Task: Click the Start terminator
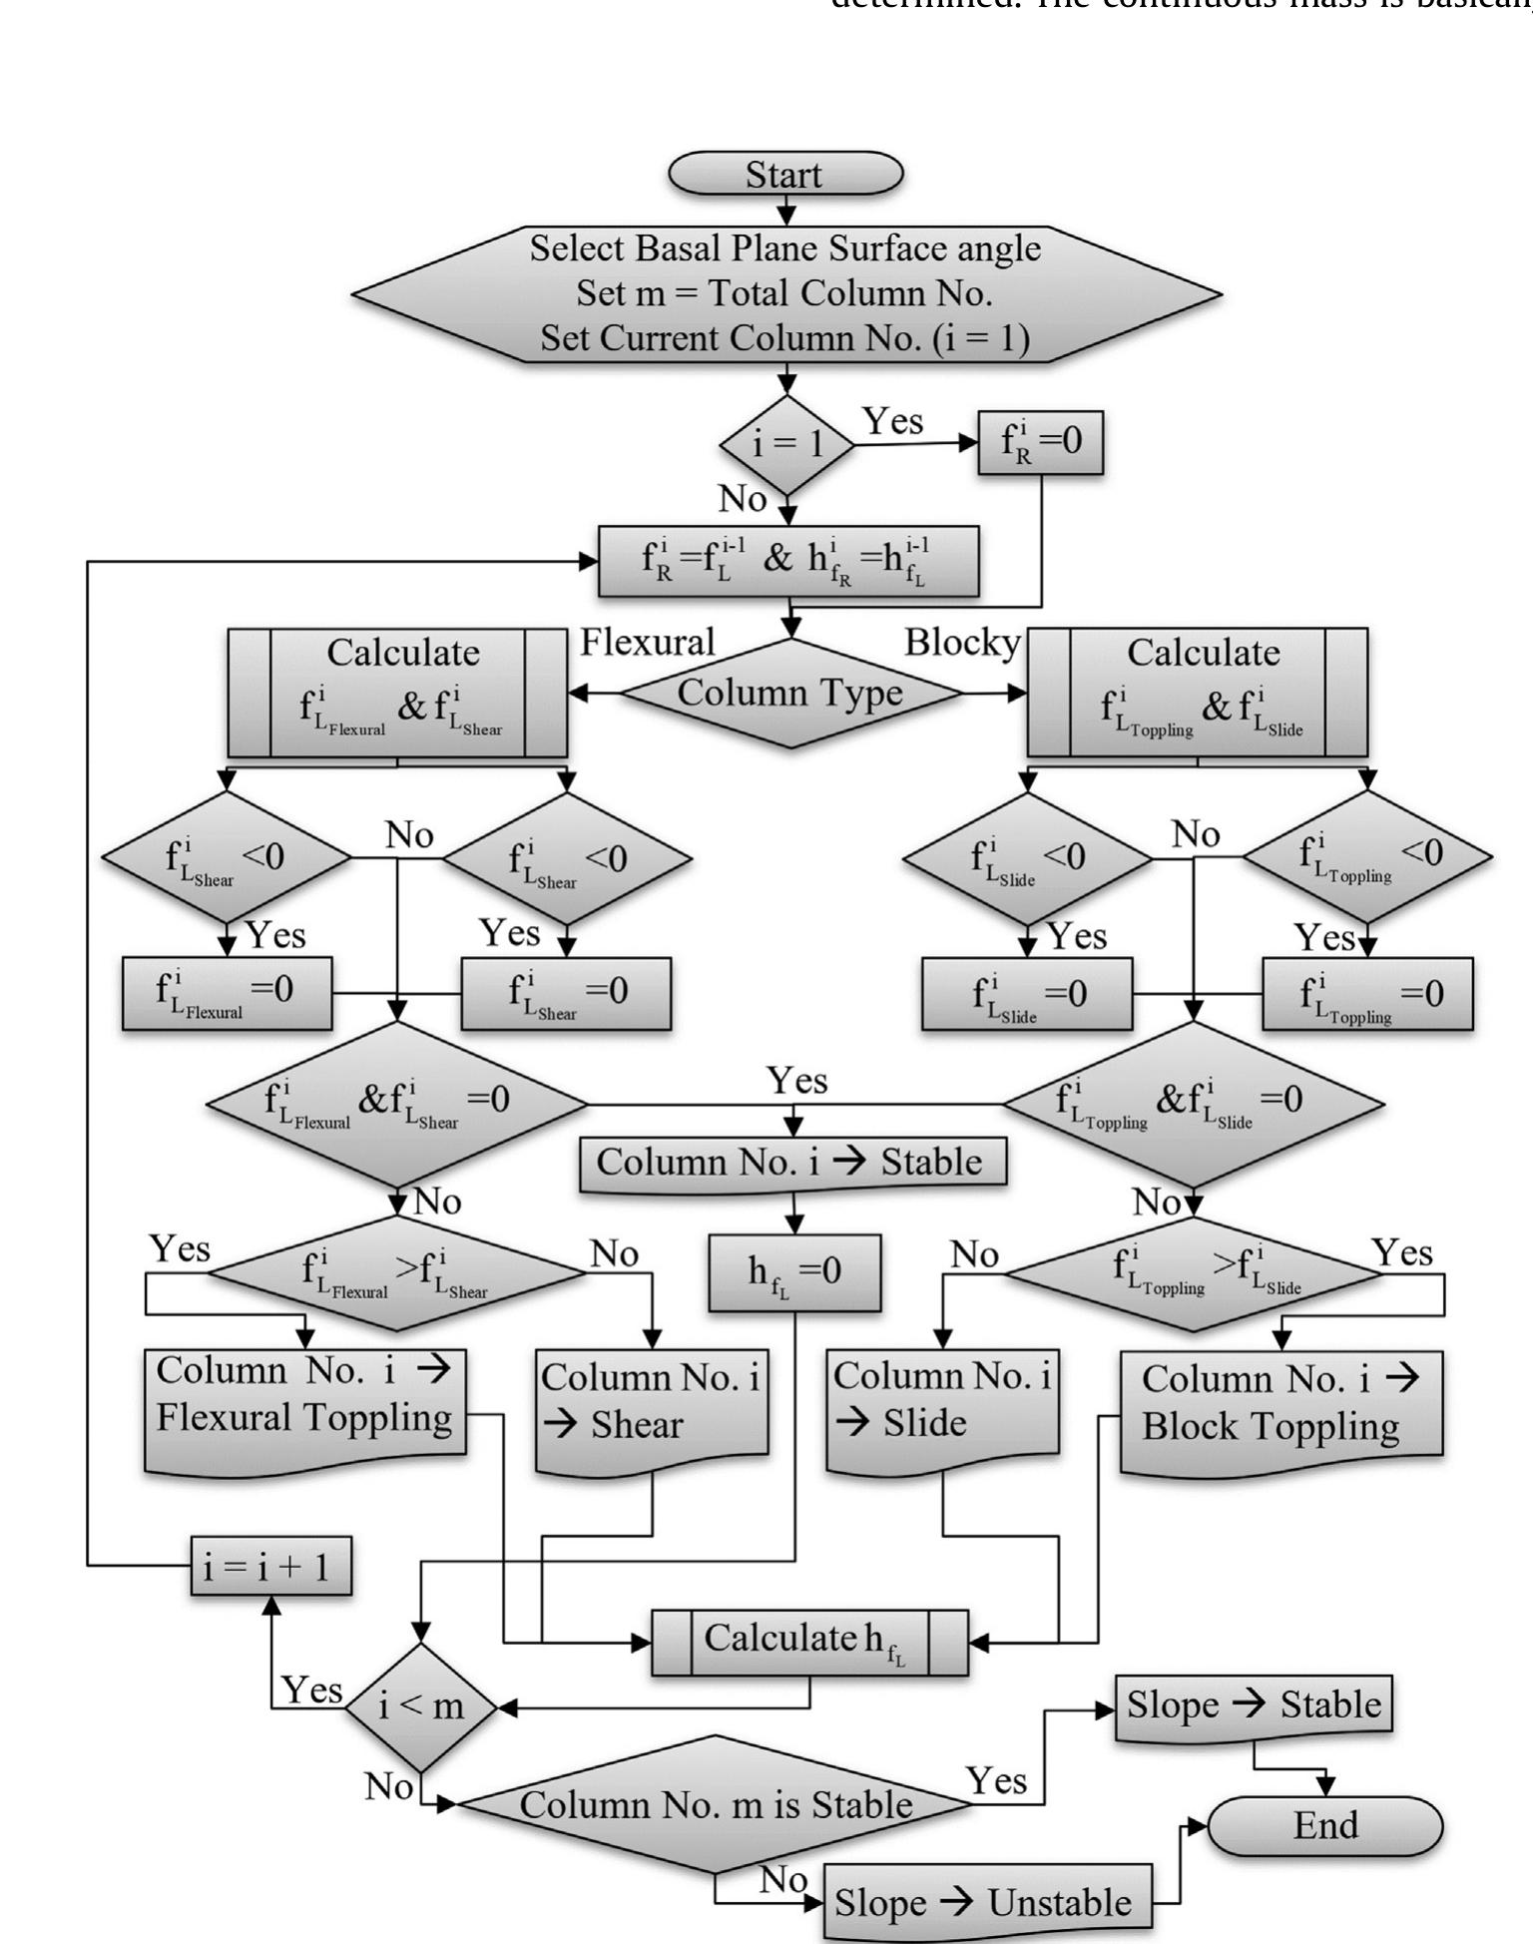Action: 785,174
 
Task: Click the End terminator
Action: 1325,1825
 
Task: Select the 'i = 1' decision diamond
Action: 787,443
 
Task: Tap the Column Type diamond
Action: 790,693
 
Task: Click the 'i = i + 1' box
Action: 270,1566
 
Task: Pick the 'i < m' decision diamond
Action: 421,1706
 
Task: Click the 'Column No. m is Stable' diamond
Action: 715,1804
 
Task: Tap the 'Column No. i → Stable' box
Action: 792,1163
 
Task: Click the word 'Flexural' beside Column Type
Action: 648,642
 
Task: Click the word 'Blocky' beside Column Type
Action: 962,642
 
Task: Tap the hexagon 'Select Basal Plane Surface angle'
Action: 785,293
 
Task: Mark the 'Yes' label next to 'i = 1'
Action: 892,421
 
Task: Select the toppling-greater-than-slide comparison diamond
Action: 1193,1273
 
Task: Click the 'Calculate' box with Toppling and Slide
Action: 1198,693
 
